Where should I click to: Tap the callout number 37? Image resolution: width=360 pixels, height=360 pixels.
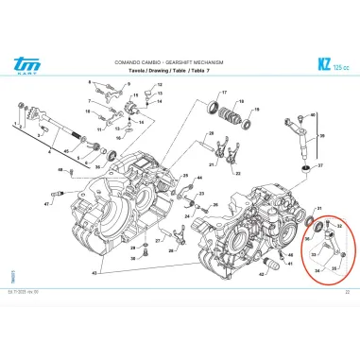click(x=318, y=164)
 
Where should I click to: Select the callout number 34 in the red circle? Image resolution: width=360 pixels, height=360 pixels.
click(x=318, y=270)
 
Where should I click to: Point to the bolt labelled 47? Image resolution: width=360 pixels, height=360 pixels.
click(x=59, y=194)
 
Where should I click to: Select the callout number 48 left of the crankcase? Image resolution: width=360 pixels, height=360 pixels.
click(x=60, y=170)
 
